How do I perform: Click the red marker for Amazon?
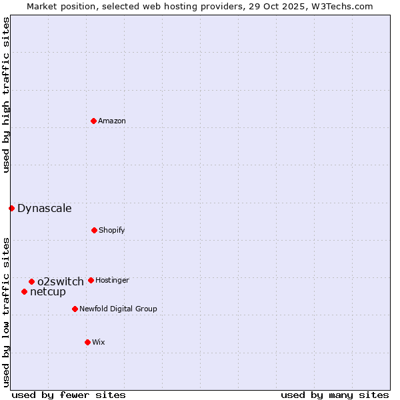[94, 121]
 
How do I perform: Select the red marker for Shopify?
[94, 230]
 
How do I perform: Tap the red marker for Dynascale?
[11, 208]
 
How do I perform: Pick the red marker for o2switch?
[31, 281]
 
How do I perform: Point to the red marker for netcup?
[24, 291]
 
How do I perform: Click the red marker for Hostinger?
[91, 280]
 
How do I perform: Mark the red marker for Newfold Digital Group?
[75, 309]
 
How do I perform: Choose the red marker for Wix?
[87, 342]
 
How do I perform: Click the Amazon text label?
[112, 121]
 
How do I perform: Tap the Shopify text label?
[112, 230]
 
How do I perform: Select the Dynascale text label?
[45, 208]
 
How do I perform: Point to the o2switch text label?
[61, 281]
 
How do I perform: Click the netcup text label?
[48, 291]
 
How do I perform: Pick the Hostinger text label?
[112, 280]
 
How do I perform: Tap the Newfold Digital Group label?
[118, 309]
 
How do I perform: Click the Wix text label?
[99, 342]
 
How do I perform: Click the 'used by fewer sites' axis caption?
[69, 395]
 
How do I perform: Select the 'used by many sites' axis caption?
[335, 395]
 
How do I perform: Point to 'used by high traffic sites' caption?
[6, 95]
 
